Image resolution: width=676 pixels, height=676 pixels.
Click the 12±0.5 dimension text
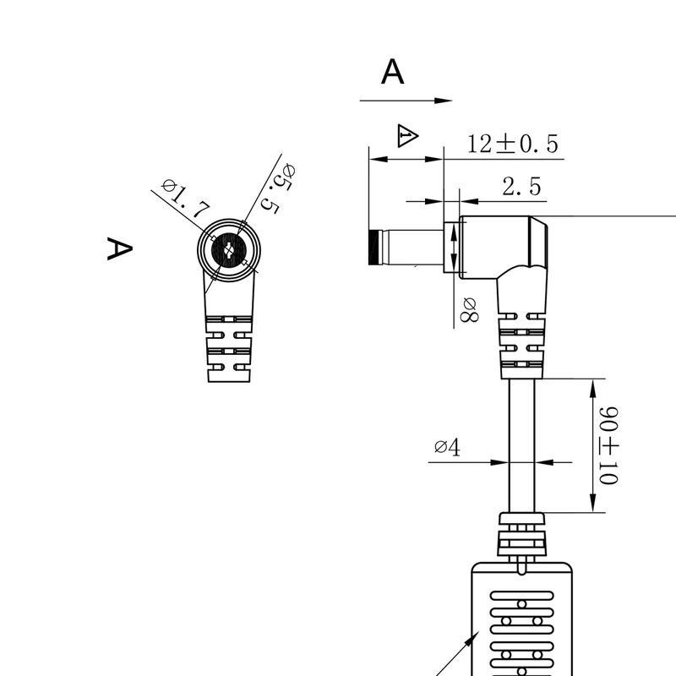click(513, 144)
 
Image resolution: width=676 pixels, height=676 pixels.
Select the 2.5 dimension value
click(521, 187)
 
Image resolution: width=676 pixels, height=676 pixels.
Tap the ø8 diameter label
click(469, 309)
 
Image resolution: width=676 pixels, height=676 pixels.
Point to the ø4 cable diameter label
click(447, 447)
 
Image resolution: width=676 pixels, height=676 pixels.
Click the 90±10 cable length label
click(608, 445)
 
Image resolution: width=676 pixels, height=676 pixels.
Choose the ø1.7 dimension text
click(186, 199)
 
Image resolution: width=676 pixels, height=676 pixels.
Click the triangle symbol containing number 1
click(406, 136)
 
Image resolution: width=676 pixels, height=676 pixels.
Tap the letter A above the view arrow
click(392, 72)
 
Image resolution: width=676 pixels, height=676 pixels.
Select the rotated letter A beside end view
click(119, 248)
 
